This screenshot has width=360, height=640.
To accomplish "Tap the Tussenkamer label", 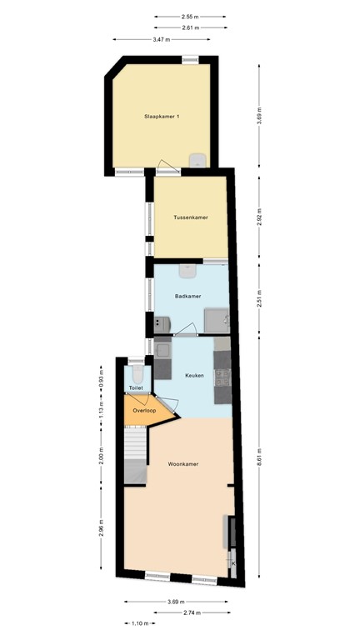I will (190, 217).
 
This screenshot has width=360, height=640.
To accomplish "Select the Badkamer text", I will (187, 296).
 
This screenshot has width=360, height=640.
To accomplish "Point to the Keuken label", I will (194, 376).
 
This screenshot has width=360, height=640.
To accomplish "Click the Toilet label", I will (136, 388).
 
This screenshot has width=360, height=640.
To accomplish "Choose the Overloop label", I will (146, 409).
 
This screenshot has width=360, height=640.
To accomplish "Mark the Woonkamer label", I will (182, 463).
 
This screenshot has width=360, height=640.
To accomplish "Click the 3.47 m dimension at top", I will (162, 39).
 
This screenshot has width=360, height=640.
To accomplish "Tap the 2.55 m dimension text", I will (189, 16).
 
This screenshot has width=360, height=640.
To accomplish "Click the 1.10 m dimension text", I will (140, 623).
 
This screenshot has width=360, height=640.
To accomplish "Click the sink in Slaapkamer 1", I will (198, 160).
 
